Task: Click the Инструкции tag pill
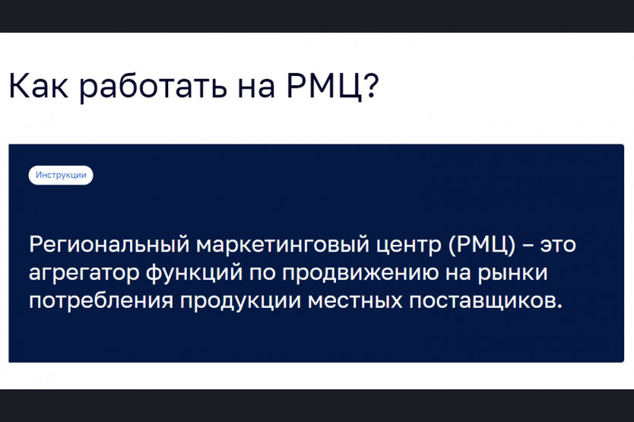click(x=61, y=175)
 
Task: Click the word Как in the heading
click(x=39, y=85)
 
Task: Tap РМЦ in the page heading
click(x=324, y=87)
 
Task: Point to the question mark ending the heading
click(x=370, y=85)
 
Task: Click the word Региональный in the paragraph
click(x=109, y=244)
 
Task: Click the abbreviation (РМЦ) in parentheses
click(x=482, y=245)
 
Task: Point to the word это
click(x=558, y=245)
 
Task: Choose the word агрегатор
click(x=84, y=274)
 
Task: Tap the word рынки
click(x=512, y=274)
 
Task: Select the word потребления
click(x=101, y=300)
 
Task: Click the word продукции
click(x=240, y=302)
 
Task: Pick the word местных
click(x=355, y=301)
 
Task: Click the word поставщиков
click(x=486, y=301)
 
